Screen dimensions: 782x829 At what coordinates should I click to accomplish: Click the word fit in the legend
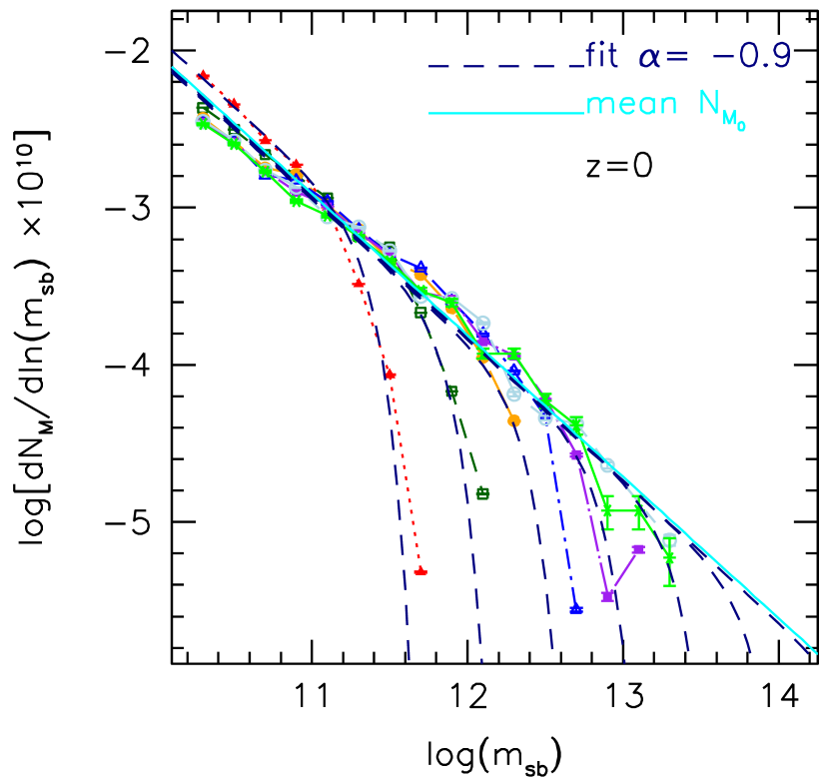[x=602, y=58]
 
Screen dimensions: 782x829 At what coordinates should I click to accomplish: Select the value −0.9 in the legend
[x=753, y=58]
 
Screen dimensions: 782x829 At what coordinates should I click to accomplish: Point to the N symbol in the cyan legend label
[x=711, y=104]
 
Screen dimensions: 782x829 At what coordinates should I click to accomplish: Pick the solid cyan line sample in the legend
[x=505, y=113]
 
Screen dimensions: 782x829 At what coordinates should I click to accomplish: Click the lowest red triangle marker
[x=420, y=570]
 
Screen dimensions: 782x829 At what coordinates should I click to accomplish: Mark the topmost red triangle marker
[x=203, y=74]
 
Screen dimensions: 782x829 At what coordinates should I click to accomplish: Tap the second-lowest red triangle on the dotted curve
[x=390, y=374]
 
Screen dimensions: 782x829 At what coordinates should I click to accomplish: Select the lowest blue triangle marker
[x=576, y=608]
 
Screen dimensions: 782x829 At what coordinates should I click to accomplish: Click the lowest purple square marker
[x=607, y=596]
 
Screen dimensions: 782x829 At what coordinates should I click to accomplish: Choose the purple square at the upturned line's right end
[x=639, y=548]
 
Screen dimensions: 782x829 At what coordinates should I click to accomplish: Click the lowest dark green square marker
[x=482, y=492]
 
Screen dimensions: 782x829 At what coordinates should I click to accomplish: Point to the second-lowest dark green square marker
[x=451, y=391]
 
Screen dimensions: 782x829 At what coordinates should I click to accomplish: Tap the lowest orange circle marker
[x=513, y=420]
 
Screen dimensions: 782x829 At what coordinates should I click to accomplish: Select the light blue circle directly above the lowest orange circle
[x=513, y=394]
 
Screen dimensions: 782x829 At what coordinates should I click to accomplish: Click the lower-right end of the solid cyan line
[x=815, y=652]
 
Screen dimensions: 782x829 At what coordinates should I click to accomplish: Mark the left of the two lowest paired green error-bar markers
[x=607, y=511]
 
